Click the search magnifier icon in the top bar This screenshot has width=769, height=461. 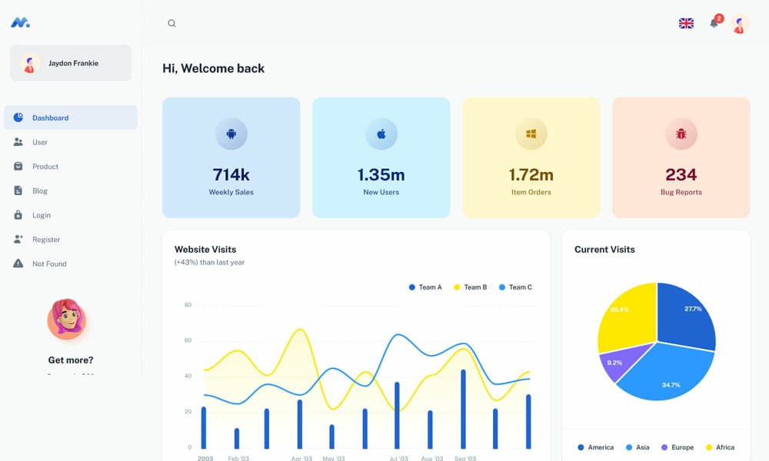pyautogui.click(x=171, y=23)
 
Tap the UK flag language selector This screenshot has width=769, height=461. pyautogui.click(x=686, y=23)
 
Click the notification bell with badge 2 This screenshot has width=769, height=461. pyautogui.click(x=714, y=23)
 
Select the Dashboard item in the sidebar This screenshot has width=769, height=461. pyautogui.click(x=50, y=118)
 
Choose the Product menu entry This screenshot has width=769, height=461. pyautogui.click(x=45, y=167)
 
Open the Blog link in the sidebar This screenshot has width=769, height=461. pyautogui.click(x=39, y=191)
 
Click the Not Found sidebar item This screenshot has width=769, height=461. pyautogui.click(x=49, y=264)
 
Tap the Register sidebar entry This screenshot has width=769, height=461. pyautogui.click(x=45, y=240)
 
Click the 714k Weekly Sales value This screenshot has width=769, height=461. pyautogui.click(x=231, y=174)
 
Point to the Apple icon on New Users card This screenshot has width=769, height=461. pyautogui.click(x=381, y=134)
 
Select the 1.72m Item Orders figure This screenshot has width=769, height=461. pyautogui.click(x=531, y=174)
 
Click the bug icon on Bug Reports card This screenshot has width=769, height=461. pyautogui.click(x=681, y=134)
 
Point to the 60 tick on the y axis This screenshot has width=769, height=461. pyautogui.click(x=188, y=340)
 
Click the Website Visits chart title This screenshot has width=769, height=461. pyautogui.click(x=205, y=249)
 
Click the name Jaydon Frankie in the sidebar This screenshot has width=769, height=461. pyautogui.click(x=73, y=63)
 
